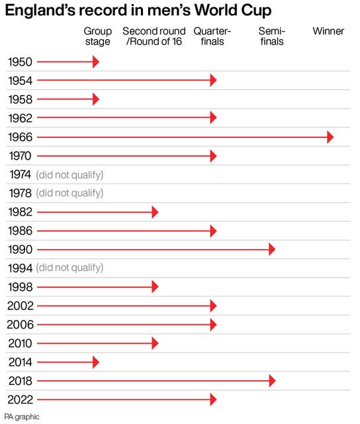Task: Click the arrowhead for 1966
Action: (x=330, y=137)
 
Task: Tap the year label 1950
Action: (x=20, y=62)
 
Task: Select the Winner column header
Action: (x=328, y=31)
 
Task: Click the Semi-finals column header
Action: (x=272, y=36)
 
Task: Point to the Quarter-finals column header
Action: (x=212, y=36)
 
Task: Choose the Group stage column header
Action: (x=98, y=36)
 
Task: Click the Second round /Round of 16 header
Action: (x=154, y=36)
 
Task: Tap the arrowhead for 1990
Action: (x=272, y=249)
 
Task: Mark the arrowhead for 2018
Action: (x=272, y=381)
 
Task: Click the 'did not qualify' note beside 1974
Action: (x=69, y=175)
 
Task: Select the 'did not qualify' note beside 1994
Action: (x=69, y=268)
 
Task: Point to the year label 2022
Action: (x=21, y=399)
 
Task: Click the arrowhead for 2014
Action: (x=96, y=362)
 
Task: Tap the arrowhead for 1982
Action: (x=155, y=212)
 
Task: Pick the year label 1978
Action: (x=21, y=193)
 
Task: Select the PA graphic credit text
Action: (x=22, y=417)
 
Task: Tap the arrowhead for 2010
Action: (x=155, y=343)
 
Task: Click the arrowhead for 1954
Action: (x=213, y=80)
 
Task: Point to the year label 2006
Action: (x=21, y=325)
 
